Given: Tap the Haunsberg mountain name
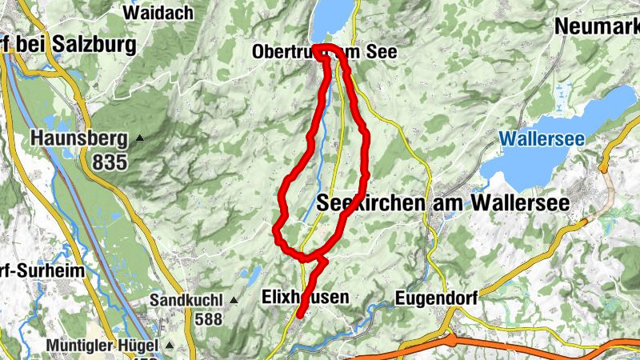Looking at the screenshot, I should [79, 139].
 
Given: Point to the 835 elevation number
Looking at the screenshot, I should [109, 162].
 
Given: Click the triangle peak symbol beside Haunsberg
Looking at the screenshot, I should [141, 138].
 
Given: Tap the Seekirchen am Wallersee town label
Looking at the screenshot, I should [443, 203].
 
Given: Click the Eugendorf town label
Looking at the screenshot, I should [436, 298].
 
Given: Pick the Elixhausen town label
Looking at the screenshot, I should [306, 298].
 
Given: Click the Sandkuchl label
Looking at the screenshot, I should [188, 301].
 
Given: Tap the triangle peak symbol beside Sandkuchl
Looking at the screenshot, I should [234, 301].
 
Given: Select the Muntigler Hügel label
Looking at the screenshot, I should [104, 346].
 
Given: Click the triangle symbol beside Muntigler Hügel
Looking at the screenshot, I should [170, 346].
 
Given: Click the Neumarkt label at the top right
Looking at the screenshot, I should [596, 26].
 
